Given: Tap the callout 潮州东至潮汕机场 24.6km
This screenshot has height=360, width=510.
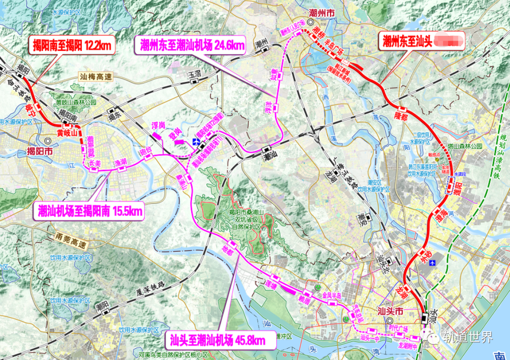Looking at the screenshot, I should pyautogui.click(x=192, y=45).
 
